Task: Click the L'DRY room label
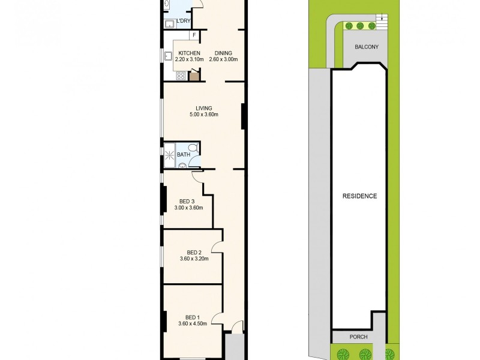tap(183, 22)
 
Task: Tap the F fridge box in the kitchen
tap(194, 34)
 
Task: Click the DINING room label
tap(223, 53)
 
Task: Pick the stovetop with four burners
tap(181, 76)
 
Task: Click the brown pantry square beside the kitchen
tap(194, 76)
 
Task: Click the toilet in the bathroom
tap(193, 148)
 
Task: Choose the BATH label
tap(183, 155)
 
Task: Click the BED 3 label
tap(187, 202)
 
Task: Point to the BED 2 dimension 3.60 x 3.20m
tap(193, 259)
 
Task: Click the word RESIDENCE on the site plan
tap(360, 196)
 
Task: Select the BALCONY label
tap(367, 47)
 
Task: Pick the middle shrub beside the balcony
tap(359, 26)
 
